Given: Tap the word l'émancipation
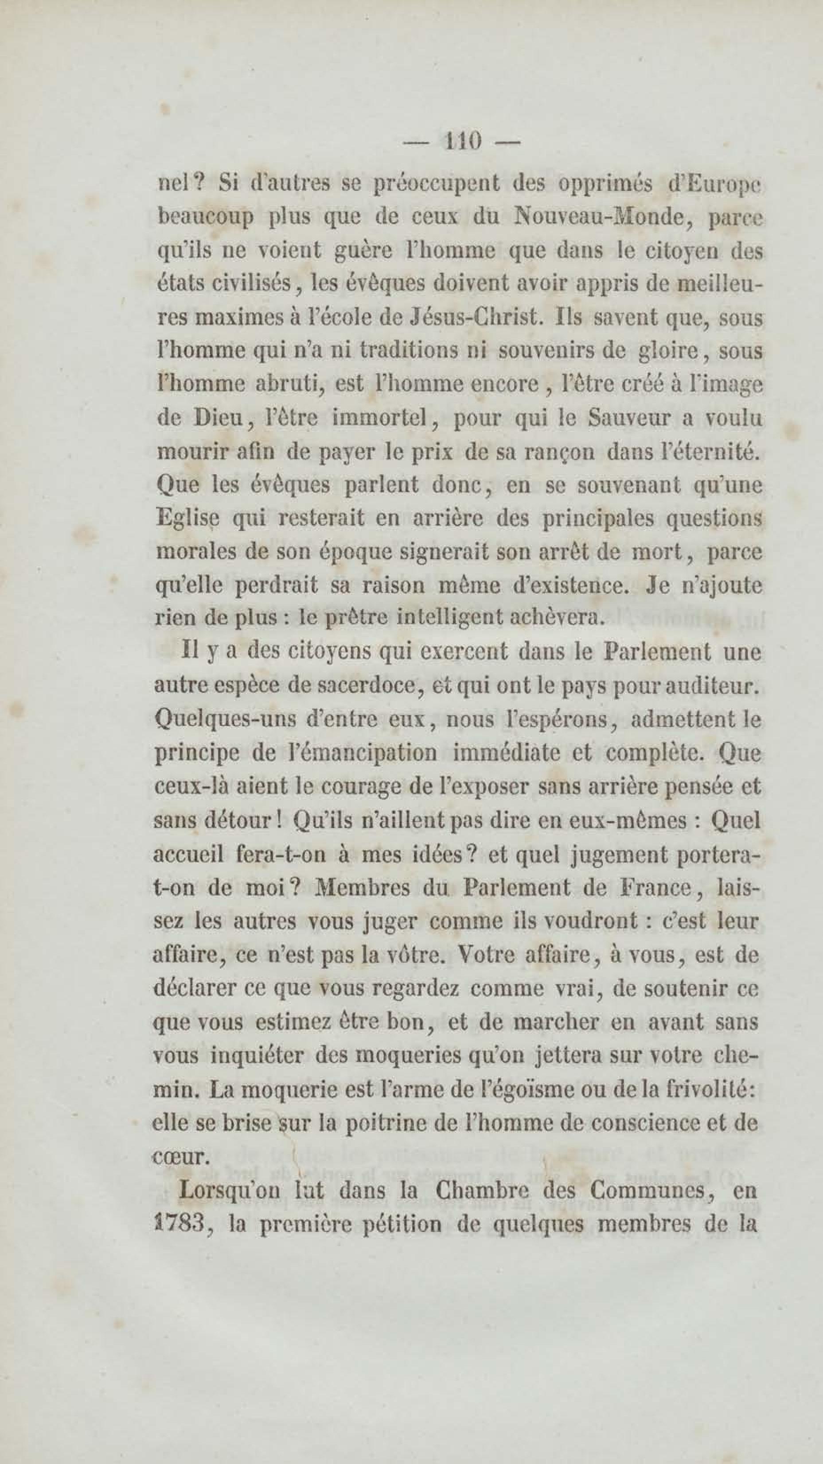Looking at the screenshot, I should [x=360, y=754].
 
